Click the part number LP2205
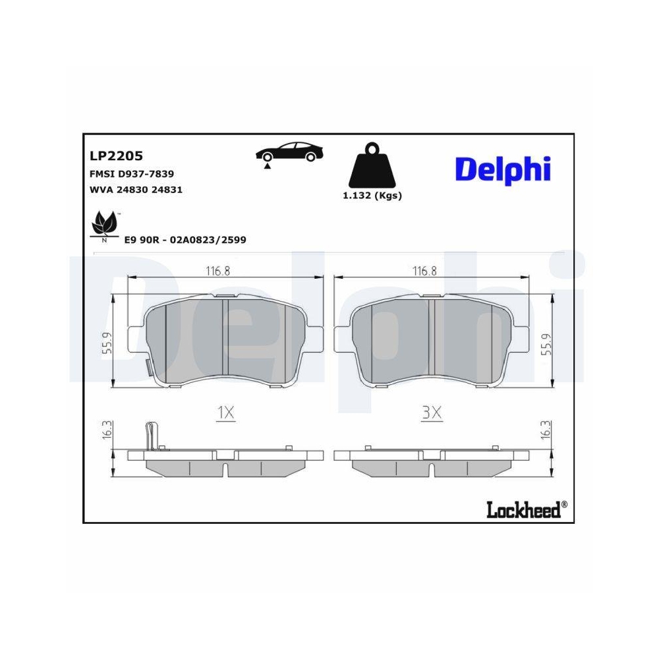tap(116, 156)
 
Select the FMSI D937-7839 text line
tap(131, 173)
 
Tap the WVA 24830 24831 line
tap(135, 189)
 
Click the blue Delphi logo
tap(503, 170)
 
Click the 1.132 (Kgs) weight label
tap(372, 195)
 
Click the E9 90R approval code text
tap(185, 240)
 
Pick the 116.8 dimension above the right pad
tap(424, 271)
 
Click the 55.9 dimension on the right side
tap(544, 343)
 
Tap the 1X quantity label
tap(226, 413)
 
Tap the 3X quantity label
tap(431, 413)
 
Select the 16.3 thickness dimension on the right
tap(544, 430)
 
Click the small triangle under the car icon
tap(268, 167)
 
